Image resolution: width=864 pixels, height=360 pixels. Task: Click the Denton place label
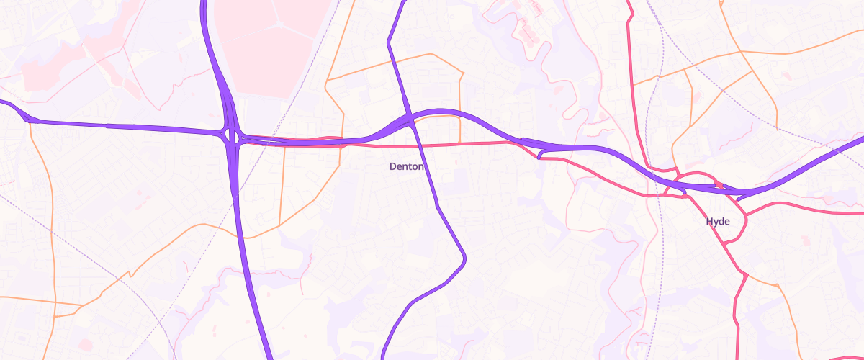pyautogui.click(x=407, y=166)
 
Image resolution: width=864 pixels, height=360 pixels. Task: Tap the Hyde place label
pyautogui.click(x=718, y=222)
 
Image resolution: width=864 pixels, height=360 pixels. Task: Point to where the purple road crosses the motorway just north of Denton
pyautogui.click(x=408, y=118)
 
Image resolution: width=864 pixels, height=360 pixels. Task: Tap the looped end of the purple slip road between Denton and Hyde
pyautogui.click(x=540, y=155)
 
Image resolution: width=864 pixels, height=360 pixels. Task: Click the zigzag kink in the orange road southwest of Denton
pyautogui.click(x=130, y=274)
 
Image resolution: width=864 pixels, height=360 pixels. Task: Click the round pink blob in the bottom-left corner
pyautogui.click(x=86, y=344)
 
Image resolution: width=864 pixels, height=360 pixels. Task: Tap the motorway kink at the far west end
pyautogui.click(x=29, y=118)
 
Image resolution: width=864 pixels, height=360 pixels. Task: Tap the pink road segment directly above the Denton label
pyautogui.click(x=407, y=145)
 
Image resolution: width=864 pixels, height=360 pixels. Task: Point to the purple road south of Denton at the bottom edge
pyautogui.click(x=384, y=353)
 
